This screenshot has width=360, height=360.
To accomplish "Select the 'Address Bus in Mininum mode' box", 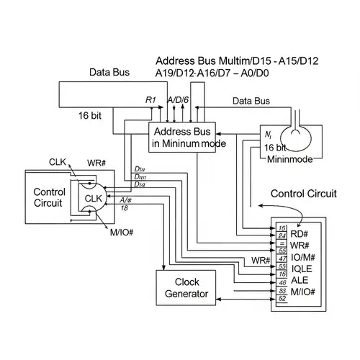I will click(188, 137).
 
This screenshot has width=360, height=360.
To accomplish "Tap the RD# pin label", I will click(299, 234).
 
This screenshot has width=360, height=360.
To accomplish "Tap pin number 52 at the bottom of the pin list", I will click(282, 297).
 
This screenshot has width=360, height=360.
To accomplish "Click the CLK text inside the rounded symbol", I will click(94, 199).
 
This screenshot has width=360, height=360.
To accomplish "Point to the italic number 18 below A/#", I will click(125, 207).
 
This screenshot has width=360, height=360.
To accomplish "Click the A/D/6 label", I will click(179, 100).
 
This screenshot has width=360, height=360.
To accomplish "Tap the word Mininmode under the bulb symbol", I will click(292, 158).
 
